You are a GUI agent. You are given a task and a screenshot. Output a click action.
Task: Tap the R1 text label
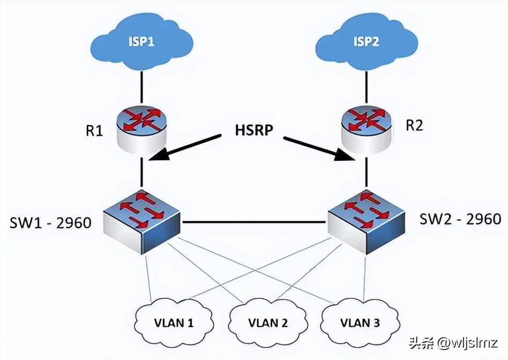click(94, 131)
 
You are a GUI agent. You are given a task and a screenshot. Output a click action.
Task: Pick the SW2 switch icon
click(365, 220)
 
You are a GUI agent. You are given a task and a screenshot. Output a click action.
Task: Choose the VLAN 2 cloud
click(268, 322)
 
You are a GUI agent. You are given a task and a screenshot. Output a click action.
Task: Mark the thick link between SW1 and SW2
click(255, 221)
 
